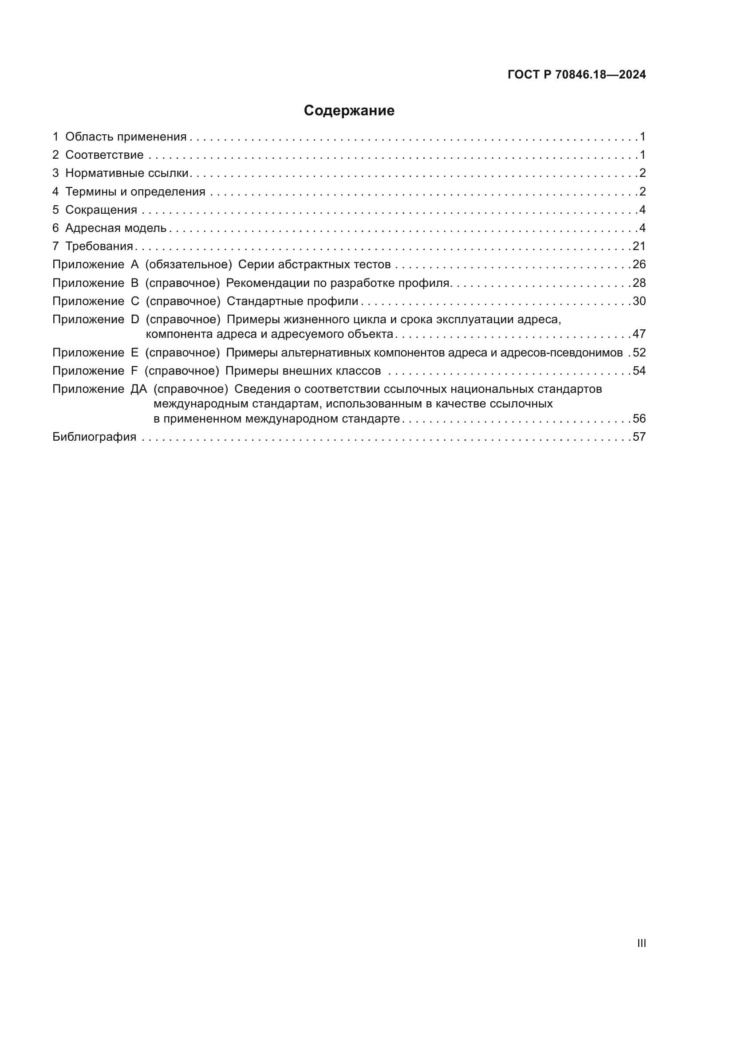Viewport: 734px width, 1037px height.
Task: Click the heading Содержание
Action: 349,111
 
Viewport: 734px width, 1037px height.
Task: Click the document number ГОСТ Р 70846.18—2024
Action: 577,74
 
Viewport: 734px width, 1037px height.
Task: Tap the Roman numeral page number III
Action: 641,943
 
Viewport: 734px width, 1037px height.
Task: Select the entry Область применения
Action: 126,137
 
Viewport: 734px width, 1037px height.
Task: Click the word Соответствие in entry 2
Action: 104,155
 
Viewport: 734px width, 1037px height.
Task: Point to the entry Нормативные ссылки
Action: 126,173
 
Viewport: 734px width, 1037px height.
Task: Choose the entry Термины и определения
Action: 135,192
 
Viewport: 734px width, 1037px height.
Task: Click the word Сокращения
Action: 101,210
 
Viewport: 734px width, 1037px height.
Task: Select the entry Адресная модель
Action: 116,228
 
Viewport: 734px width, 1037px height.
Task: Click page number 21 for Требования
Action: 639,246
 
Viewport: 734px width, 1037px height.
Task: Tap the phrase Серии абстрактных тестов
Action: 314,264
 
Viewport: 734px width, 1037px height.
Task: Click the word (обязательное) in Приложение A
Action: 189,264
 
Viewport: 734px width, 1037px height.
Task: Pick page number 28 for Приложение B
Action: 639,283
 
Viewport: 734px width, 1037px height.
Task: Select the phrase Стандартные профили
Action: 292,301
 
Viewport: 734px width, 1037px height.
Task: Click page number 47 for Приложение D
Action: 639,334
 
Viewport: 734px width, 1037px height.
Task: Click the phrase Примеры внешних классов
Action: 303,371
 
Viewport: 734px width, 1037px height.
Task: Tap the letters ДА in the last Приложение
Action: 139,389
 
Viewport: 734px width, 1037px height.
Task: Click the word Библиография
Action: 95,437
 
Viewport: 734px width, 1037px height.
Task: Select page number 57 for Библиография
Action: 639,437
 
